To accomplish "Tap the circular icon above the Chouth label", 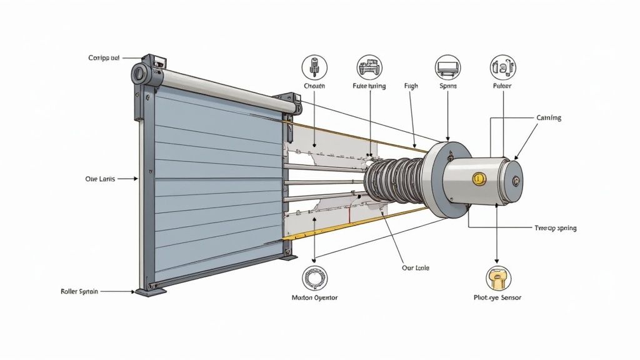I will point(314,67).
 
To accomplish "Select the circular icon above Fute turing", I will point(368,67).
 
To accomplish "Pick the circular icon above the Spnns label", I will point(447,67).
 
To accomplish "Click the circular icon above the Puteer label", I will point(502,67).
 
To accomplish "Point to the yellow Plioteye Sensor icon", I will point(497,277).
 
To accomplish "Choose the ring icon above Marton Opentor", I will point(314,277).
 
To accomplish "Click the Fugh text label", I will point(411,86).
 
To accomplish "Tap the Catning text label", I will point(549,117).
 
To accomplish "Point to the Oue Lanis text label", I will point(101,179).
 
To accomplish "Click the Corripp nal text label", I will point(104,58).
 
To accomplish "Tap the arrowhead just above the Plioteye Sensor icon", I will point(497,261).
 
